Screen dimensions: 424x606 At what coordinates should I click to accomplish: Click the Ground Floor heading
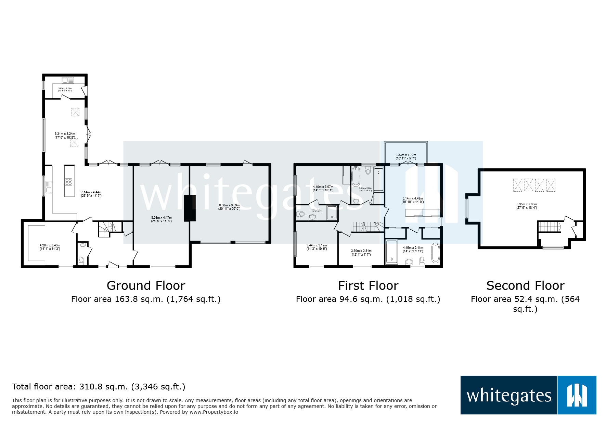point(146,285)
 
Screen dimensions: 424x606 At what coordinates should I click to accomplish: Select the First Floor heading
point(368,285)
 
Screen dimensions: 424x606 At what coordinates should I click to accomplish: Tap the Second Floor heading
point(525,285)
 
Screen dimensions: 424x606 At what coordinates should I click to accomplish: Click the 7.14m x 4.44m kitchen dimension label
point(91,194)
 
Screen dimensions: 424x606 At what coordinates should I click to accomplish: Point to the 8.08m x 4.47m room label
point(162,219)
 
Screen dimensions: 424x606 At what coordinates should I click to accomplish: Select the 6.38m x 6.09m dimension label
point(229,207)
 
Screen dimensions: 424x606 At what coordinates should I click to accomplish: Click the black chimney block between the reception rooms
point(190,208)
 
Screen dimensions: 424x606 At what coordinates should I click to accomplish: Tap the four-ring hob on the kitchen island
point(69,182)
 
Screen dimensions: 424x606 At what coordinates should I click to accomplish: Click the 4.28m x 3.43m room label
point(50,247)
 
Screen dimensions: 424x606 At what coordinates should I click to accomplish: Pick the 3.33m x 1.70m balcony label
point(406,157)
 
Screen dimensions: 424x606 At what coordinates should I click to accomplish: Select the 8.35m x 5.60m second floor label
point(527,206)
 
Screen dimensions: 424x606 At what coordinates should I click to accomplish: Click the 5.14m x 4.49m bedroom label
point(413,200)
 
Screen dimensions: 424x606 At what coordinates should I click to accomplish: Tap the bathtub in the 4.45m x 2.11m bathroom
point(435,253)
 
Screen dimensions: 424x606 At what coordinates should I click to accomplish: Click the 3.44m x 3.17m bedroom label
point(317,247)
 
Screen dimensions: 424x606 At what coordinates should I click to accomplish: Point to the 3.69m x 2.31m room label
point(361,253)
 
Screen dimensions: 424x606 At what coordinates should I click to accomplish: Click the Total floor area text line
point(99,387)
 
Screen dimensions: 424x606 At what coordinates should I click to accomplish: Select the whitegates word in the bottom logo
point(509,396)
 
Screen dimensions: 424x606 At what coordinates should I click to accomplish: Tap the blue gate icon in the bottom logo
point(577,395)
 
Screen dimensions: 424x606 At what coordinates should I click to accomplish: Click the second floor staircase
point(550,227)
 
